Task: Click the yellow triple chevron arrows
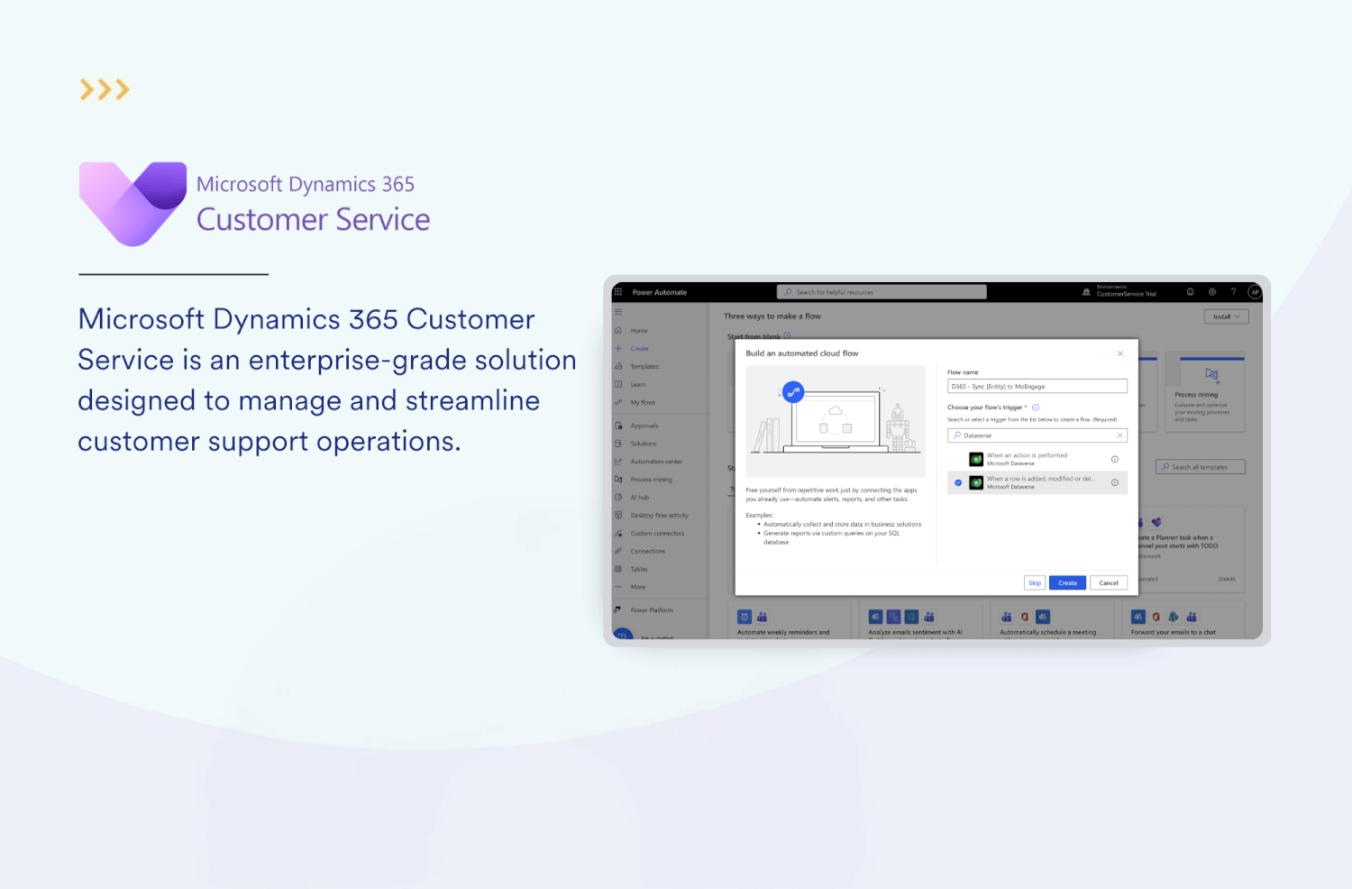[x=105, y=89]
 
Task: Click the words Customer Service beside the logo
[x=313, y=219]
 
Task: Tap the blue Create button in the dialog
[x=1067, y=582]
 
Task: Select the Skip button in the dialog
[x=1035, y=582]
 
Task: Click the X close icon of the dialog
[x=1120, y=353]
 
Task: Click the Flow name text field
[x=1037, y=386]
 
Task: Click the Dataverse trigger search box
[x=1037, y=435]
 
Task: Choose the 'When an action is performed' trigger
[x=1028, y=459]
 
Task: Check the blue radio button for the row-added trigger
[x=958, y=482]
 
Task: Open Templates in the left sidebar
[x=644, y=367]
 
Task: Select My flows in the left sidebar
[x=643, y=403]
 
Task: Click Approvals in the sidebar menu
[x=644, y=426]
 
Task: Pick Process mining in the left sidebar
[x=651, y=480]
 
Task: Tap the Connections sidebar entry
[x=647, y=551]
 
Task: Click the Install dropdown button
[x=1226, y=316]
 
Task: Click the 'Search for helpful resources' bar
[x=881, y=292]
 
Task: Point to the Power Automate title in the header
[x=659, y=292]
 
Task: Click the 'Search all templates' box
[x=1200, y=467]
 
